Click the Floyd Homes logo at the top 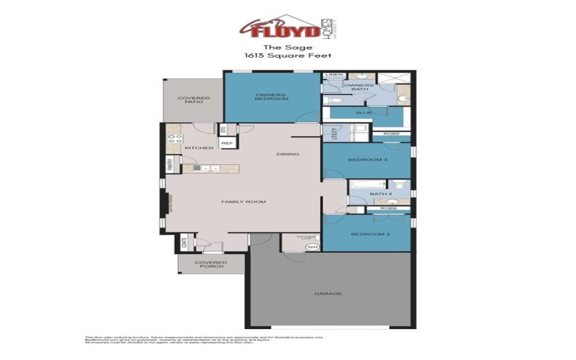pos(287,27)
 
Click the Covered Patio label pos(194,100)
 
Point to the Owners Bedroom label pos(271,96)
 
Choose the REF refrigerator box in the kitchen pos(227,143)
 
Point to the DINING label pos(287,154)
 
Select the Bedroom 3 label pos(367,159)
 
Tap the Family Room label pos(243,202)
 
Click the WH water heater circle pos(312,247)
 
